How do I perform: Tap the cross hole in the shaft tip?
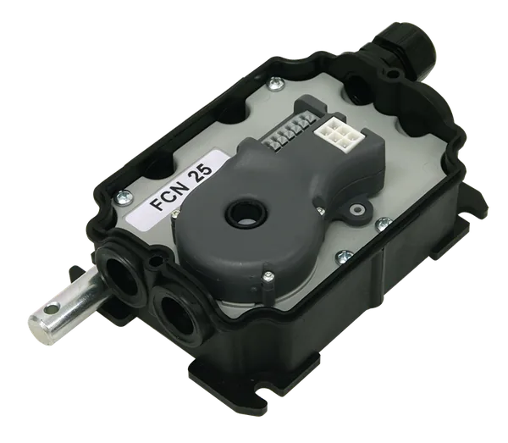(52, 308)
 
